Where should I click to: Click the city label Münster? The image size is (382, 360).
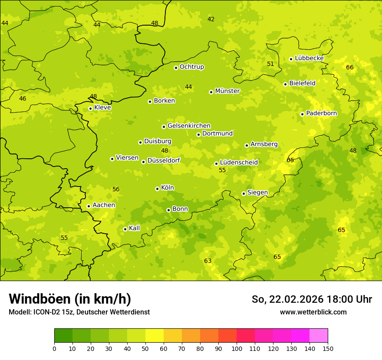(x=227, y=91)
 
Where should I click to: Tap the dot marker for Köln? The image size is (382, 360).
(x=157, y=189)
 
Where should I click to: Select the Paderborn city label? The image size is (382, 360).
(x=322, y=113)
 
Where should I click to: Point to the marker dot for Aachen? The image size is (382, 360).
(x=89, y=206)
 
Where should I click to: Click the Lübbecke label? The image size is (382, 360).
(x=310, y=58)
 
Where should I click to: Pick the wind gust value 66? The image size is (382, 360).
(x=349, y=67)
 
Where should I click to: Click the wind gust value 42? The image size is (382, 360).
(x=211, y=19)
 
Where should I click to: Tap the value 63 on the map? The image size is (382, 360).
(x=208, y=261)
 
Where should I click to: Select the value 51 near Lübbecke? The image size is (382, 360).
(x=270, y=64)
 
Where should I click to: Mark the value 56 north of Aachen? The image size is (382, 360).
(x=116, y=189)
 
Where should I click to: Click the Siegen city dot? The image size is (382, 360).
(x=244, y=193)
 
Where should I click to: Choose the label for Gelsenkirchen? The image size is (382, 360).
(x=189, y=126)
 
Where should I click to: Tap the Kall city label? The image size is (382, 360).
(x=135, y=228)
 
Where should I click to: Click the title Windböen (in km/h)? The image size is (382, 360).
(x=70, y=299)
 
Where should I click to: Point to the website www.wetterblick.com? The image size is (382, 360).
(x=313, y=312)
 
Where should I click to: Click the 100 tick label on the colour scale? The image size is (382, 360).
(x=237, y=348)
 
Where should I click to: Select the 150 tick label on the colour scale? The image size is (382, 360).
(x=328, y=348)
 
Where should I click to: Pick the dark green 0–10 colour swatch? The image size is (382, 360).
(x=63, y=336)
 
